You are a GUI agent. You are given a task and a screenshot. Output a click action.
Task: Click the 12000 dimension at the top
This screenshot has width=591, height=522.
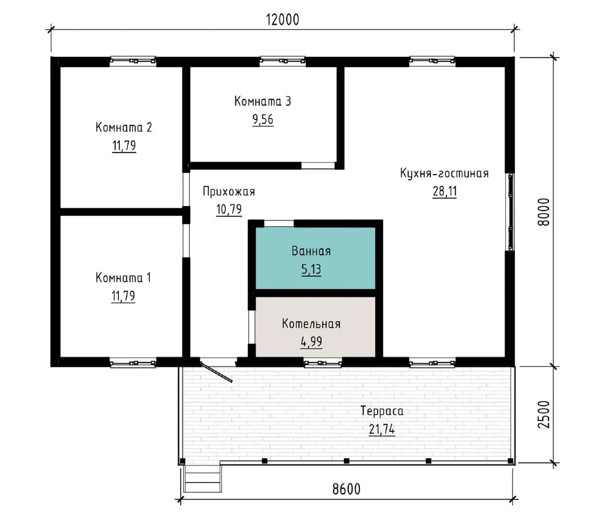282,20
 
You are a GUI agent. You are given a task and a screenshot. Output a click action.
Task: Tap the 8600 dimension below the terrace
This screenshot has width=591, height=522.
346,489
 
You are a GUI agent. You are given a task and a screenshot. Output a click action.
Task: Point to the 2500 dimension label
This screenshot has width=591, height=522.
543,415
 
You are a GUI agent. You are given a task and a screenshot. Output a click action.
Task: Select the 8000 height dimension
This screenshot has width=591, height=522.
543,212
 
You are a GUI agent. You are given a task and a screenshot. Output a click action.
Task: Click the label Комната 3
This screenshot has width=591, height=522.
263,101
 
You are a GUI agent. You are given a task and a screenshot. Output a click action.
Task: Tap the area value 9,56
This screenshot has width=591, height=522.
263,119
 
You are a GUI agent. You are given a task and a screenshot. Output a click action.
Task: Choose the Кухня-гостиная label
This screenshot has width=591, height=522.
444,173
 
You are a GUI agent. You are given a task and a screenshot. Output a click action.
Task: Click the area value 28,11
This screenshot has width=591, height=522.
445,191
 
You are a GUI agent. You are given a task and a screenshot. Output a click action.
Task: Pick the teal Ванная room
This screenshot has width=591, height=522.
315,258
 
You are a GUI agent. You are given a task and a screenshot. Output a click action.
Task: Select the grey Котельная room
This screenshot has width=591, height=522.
315,327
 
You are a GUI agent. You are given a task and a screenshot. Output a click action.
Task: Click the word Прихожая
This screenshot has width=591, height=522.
229,191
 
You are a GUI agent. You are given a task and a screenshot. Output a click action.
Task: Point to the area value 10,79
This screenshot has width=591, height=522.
229,209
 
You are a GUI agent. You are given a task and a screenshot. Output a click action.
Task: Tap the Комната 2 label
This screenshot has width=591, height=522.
124,128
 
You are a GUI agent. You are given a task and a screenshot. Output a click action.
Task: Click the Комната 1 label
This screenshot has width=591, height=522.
123,277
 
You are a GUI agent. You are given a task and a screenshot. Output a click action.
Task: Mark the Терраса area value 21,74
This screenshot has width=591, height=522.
382,429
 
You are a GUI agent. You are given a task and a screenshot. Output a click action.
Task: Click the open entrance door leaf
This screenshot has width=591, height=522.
216,372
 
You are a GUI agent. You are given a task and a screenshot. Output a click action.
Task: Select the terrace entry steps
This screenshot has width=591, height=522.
202,478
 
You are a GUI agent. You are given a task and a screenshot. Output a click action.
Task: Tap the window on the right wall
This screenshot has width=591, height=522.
511,212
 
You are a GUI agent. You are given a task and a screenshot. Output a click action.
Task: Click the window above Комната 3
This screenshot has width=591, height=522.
282,61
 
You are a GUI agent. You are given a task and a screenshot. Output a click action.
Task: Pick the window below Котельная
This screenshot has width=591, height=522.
323,363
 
